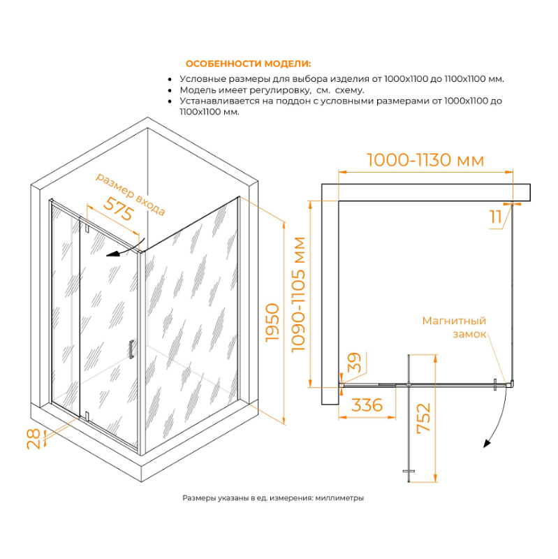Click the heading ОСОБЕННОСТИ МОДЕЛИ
[x=248, y=64]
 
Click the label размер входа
[x=131, y=194]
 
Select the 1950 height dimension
[x=272, y=323]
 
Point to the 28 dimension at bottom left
[x=34, y=439]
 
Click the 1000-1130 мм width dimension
[x=425, y=160]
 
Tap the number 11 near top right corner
[x=496, y=217]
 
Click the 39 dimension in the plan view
[x=354, y=362]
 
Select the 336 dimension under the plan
[x=367, y=405]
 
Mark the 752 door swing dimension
[x=424, y=418]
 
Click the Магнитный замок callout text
[x=455, y=327]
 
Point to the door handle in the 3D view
[x=131, y=349]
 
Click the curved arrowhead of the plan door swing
[x=487, y=443]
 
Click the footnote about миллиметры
[x=273, y=498]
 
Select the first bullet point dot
[x=170, y=80]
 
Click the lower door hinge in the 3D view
[x=87, y=416]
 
